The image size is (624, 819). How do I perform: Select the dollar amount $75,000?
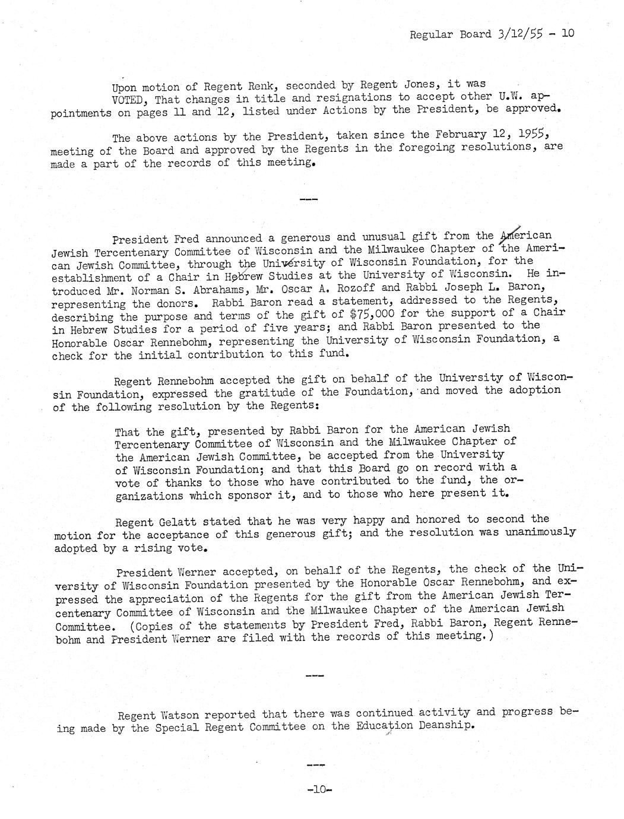pos(364,314)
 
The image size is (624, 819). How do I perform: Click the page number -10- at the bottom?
pos(311,790)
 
